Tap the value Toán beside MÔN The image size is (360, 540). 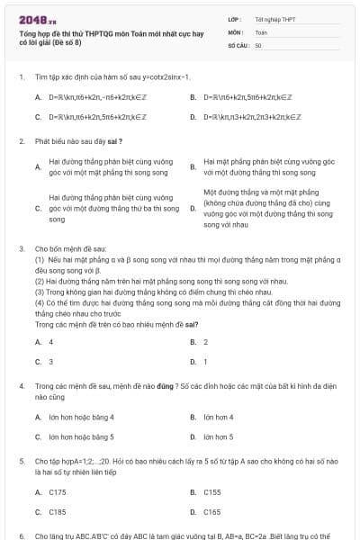[261, 31]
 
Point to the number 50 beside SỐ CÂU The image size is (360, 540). [258, 44]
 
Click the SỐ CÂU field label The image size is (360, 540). [238, 44]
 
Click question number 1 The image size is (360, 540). [21, 77]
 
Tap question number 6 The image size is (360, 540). [21, 535]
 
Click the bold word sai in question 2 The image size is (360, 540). [112, 141]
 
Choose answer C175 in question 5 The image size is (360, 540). [58, 492]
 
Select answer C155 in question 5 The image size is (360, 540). [212, 492]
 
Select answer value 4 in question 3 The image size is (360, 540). [50, 342]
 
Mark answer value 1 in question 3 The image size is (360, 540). [205, 361]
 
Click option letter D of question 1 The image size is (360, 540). [193, 116]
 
